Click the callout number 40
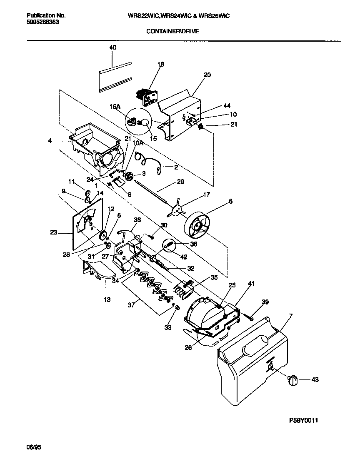(x=113, y=47)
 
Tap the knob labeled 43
(x=293, y=379)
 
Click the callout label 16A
(x=115, y=107)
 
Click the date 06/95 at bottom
(x=35, y=447)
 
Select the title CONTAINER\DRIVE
(x=172, y=31)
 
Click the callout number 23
(x=54, y=233)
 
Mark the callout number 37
(x=132, y=304)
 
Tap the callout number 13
(x=107, y=299)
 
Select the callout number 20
(x=207, y=75)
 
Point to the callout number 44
(x=227, y=106)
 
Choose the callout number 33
(x=167, y=328)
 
